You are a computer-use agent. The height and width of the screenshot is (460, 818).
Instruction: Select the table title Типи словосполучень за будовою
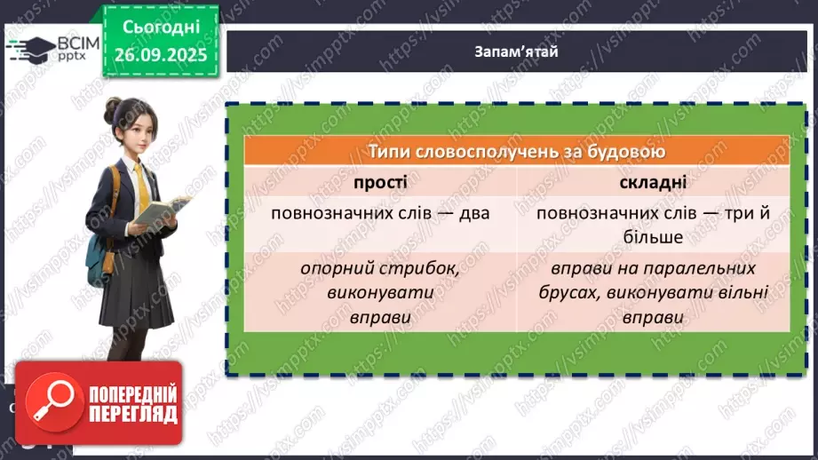click(x=517, y=151)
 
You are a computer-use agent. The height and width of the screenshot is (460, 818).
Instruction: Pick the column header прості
click(x=380, y=182)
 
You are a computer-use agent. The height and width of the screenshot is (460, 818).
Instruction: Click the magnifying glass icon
click(x=50, y=405)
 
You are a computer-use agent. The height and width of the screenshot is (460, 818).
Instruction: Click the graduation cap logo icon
click(x=33, y=47)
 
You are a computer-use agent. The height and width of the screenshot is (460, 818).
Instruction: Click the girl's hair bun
click(x=114, y=109)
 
